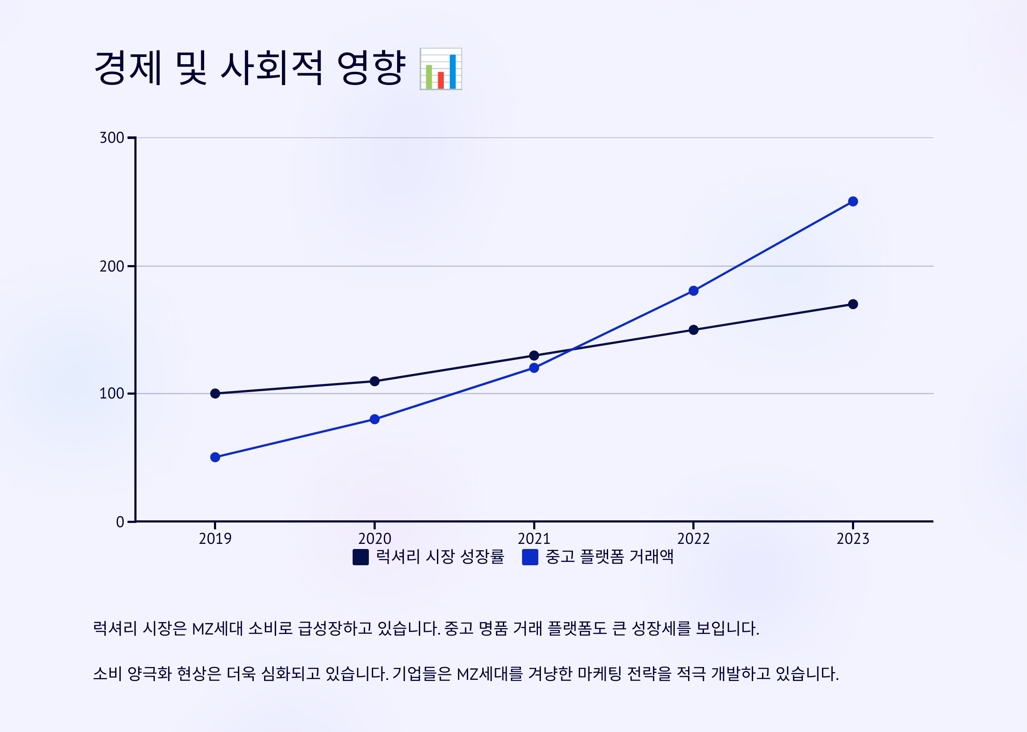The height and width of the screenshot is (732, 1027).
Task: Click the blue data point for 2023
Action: tap(852, 201)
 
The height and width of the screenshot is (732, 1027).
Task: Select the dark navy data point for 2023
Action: tap(852, 304)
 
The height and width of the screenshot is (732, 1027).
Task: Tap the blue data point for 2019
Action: tap(215, 457)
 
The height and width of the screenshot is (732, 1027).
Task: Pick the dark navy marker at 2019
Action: tap(215, 393)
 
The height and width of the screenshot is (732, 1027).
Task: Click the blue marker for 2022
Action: tap(693, 291)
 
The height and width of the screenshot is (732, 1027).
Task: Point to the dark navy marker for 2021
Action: tap(534, 356)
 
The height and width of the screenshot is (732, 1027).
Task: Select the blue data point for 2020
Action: tap(374, 419)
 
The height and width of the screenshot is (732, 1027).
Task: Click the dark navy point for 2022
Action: tap(693, 330)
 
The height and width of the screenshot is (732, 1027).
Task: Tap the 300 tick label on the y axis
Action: tap(111, 138)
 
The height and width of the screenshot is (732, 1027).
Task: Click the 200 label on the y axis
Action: tap(111, 266)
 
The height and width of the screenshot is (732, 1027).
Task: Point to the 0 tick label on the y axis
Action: tap(119, 522)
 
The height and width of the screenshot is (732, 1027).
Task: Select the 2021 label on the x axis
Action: tap(534, 539)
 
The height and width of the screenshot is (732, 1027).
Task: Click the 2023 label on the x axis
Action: tap(852, 539)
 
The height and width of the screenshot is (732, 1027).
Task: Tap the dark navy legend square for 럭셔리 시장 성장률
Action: tap(360, 557)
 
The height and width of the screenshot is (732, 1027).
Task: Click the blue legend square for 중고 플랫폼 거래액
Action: tap(530, 557)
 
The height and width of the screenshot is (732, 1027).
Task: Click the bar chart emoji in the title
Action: tap(441, 69)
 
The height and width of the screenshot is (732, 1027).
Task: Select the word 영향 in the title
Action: tap(371, 68)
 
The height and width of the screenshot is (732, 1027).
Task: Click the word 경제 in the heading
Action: tap(128, 68)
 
